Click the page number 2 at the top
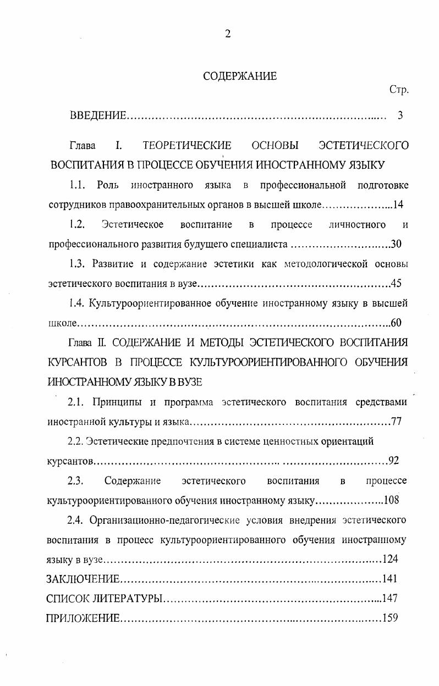click(227, 34)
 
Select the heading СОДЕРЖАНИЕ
click(240, 76)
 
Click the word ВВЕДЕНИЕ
click(98, 115)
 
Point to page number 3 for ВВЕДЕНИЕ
click(400, 115)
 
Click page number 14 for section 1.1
click(398, 204)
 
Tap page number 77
click(397, 422)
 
